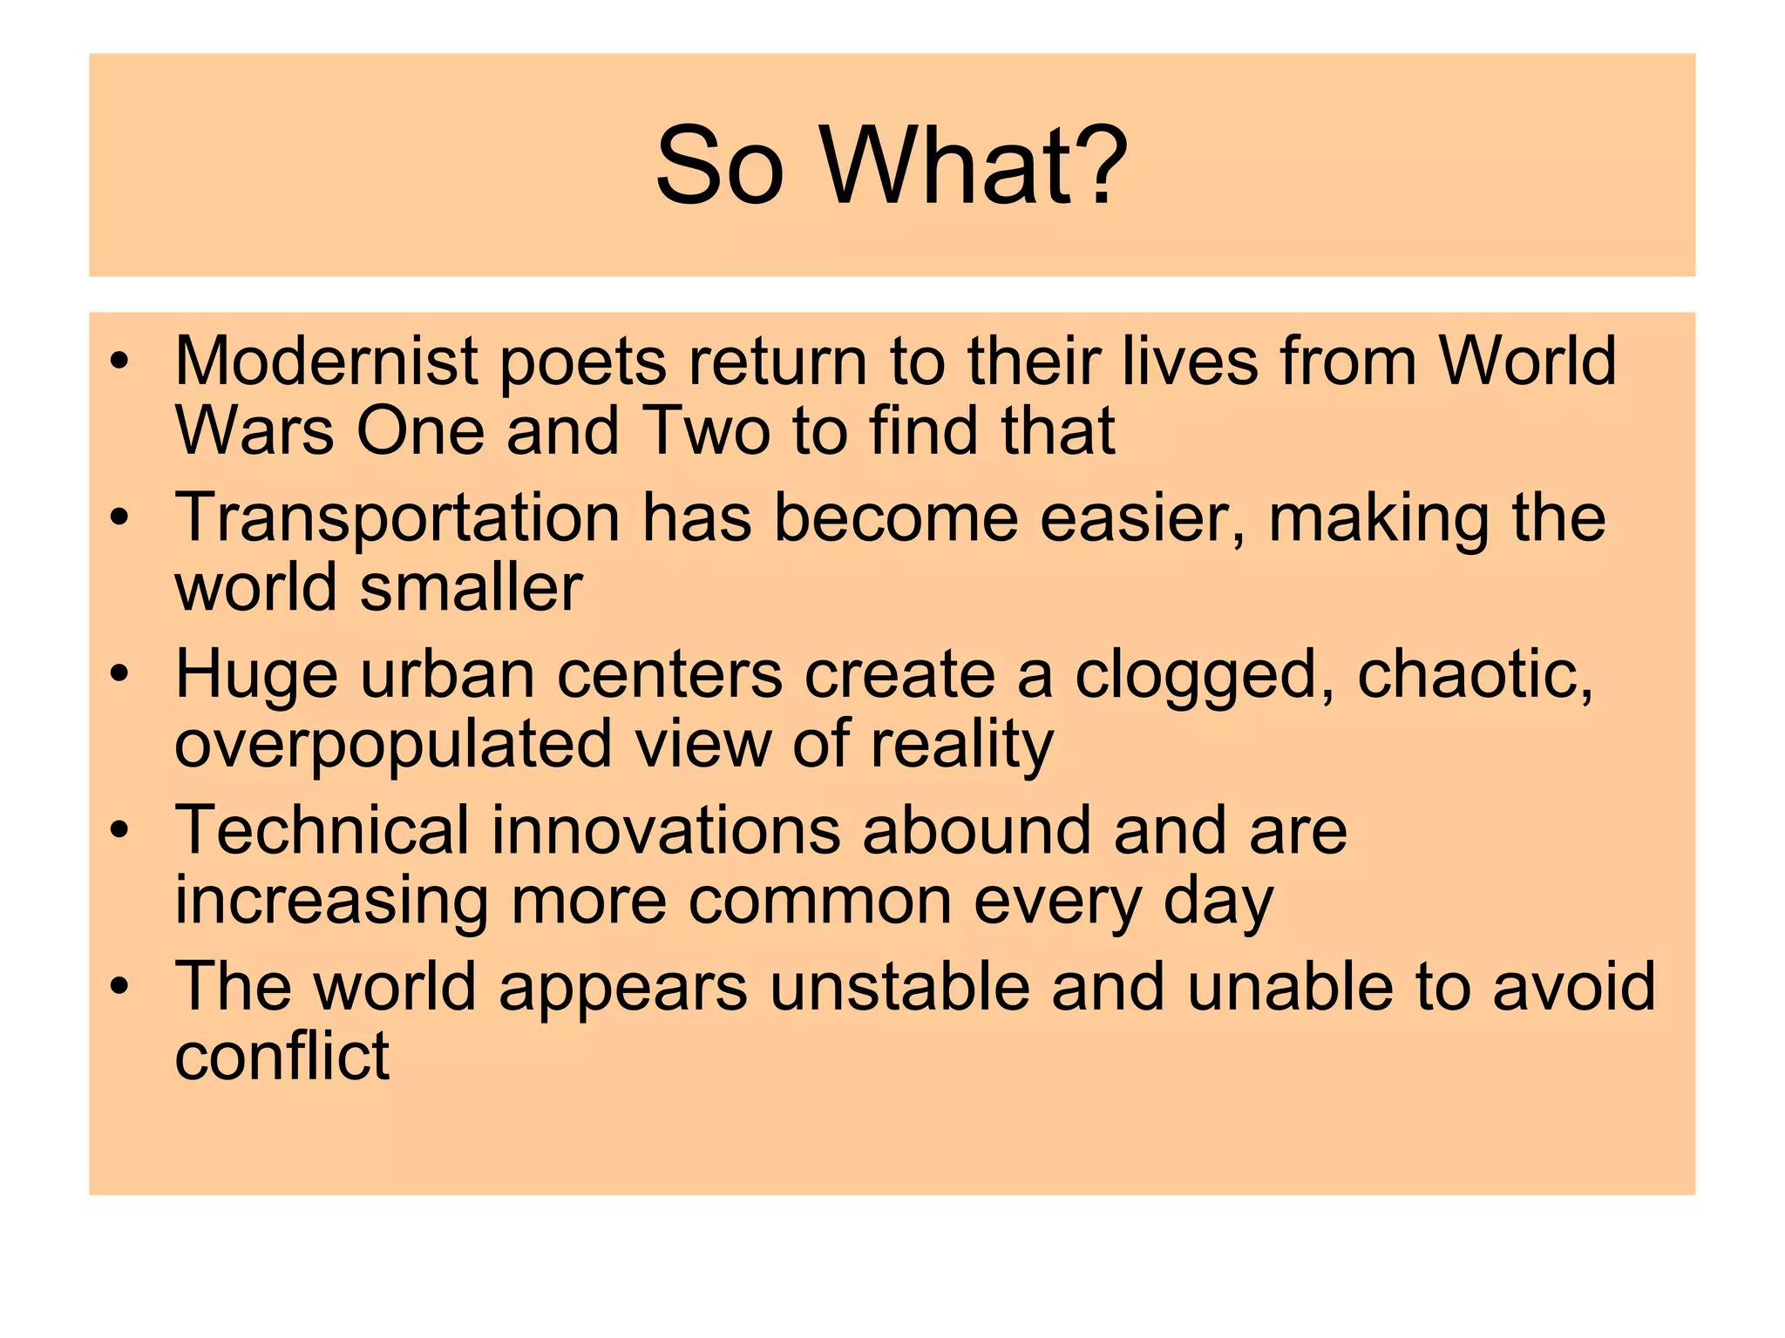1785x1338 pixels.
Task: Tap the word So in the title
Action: (x=719, y=166)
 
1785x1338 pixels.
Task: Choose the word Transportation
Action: (x=397, y=519)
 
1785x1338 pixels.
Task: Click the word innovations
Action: (x=666, y=829)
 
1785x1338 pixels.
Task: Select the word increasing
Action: (x=331, y=902)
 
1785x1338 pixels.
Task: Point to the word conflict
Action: (x=282, y=1056)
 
